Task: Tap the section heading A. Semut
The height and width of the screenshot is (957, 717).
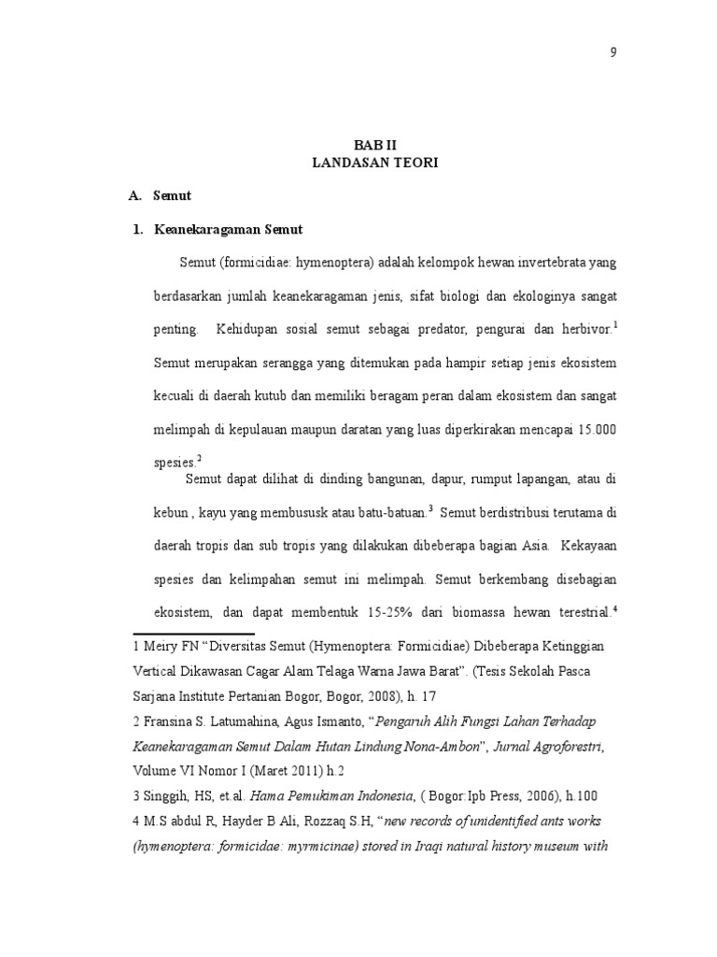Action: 161,197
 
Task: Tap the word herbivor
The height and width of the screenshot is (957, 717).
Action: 585,329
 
